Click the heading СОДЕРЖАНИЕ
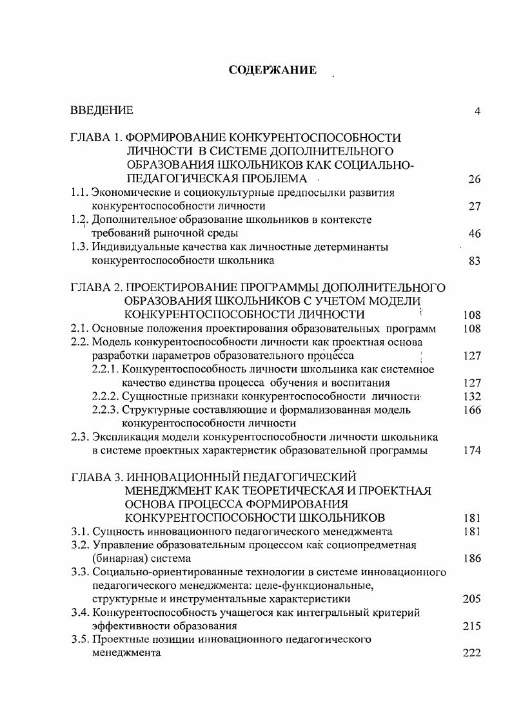point(273,70)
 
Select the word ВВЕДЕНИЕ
point(102,111)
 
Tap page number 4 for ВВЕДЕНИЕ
point(477,111)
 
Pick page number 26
point(475,179)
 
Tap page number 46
point(475,233)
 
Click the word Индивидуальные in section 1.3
point(130,247)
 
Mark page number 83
point(475,261)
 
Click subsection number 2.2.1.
point(106,369)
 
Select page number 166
point(472,410)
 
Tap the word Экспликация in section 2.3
point(123,437)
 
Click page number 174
point(472,451)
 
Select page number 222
point(472,653)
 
